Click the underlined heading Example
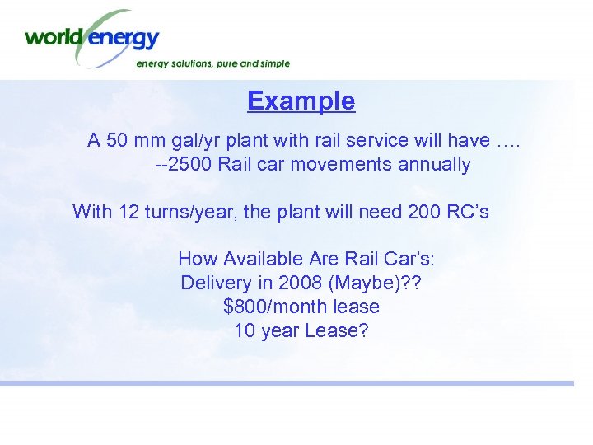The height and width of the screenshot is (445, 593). pos(301,101)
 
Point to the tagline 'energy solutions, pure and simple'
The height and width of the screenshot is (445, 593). pos(212,63)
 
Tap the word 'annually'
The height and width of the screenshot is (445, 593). pos(434,165)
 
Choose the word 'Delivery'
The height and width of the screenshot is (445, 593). pos(216,283)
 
